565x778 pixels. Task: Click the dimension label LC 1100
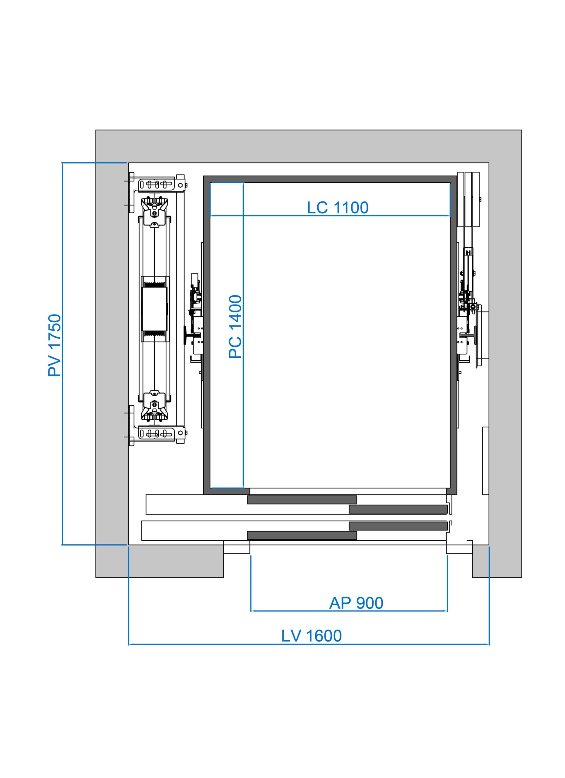(x=338, y=208)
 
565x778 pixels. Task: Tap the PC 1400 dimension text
(x=235, y=327)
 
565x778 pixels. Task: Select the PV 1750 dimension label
(x=54, y=345)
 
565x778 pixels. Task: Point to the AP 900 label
(x=356, y=603)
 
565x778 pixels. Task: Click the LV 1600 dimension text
(x=312, y=636)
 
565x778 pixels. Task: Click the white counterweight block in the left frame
(x=154, y=309)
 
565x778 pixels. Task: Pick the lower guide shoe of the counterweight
(x=155, y=406)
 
